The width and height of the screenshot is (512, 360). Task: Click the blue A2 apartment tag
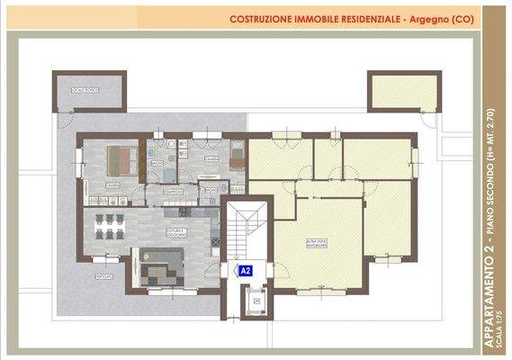pyautogui.click(x=244, y=269)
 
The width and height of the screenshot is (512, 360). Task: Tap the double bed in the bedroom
pyautogui.click(x=121, y=161)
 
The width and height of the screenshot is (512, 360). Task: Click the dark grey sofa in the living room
pyautogui.click(x=162, y=267)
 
